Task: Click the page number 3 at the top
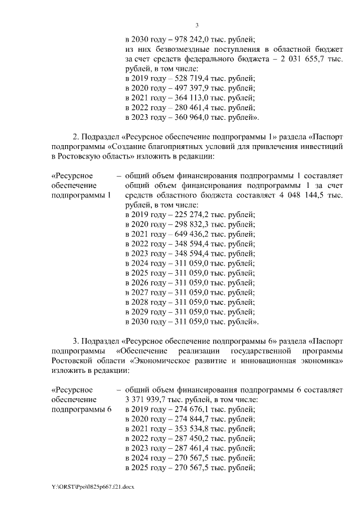(197, 25)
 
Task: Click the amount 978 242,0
(186, 39)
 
